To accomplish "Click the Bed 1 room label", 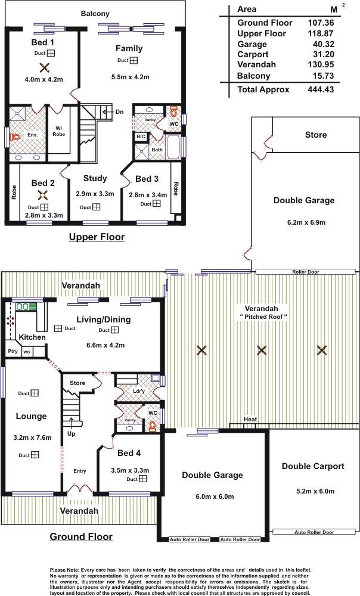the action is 42,42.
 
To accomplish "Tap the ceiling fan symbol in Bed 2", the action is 42,195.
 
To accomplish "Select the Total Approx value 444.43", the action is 321,90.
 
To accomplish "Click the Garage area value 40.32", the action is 324,44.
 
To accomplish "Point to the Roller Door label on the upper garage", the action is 306,272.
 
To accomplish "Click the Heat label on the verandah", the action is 250,419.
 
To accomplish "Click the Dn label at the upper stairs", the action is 119,112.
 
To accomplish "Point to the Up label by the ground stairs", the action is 71,434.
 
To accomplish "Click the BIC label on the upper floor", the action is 141,137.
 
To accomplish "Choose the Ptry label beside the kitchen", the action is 13,351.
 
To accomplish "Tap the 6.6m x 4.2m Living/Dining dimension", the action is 105,346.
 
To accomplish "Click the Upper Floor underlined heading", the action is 97,237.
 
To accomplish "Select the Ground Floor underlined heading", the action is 81,537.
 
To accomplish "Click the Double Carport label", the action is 313,467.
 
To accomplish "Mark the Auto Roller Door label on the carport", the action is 314,532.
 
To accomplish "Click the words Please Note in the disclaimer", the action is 64,570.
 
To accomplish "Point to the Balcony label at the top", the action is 95,14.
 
